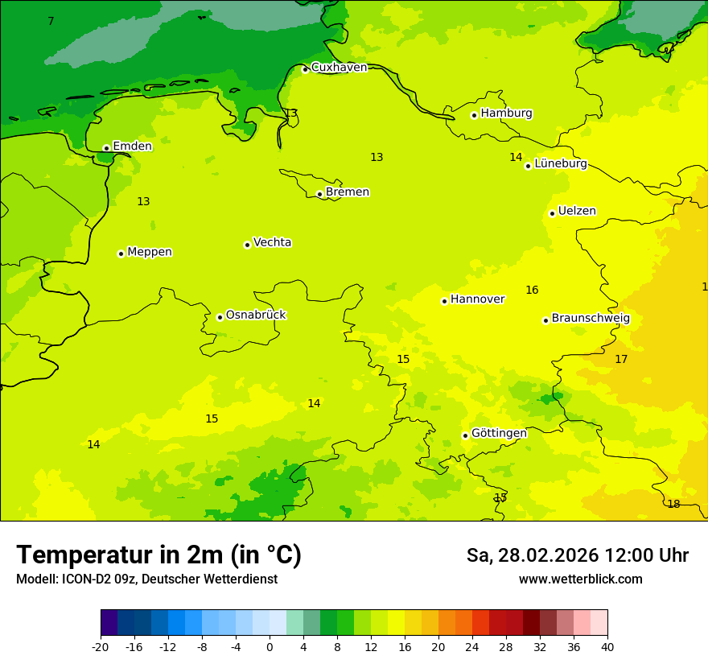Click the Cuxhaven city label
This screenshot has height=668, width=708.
(339, 68)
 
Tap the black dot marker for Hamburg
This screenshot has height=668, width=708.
(474, 115)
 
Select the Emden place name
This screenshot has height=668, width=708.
(132, 146)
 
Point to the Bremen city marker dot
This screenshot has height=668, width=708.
(319, 194)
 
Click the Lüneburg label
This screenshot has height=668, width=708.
(560, 164)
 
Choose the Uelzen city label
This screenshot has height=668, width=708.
(577, 212)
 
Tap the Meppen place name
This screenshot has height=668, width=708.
(150, 252)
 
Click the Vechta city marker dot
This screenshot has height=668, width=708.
(247, 245)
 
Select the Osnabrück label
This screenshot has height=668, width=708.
(256, 315)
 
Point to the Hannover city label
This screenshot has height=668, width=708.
(477, 299)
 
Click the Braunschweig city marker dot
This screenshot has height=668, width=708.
(545, 320)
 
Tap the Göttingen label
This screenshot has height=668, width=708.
(499, 434)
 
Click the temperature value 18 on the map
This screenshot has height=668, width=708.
(673, 505)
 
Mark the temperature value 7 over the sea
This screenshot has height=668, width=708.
(51, 22)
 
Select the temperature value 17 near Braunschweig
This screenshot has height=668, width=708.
(621, 360)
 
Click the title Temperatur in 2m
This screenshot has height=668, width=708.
(158, 555)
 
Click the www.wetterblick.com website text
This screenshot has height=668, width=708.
(580, 579)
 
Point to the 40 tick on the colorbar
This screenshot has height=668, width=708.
(607, 647)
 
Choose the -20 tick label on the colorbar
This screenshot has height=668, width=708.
(101, 647)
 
